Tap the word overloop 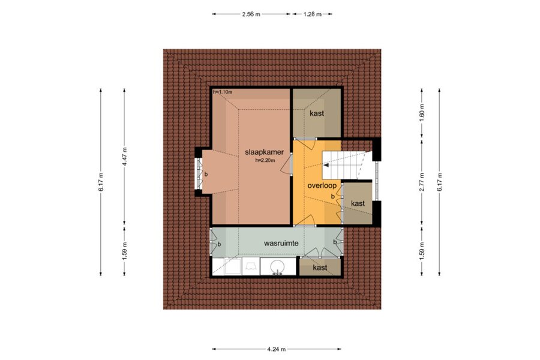tap(322, 185)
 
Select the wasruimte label tap(281, 243)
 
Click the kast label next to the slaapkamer tap(316, 113)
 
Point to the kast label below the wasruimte tap(320, 268)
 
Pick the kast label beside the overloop tap(358, 203)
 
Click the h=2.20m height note tap(265, 160)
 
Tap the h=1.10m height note tap(223, 92)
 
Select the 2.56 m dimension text tap(251, 14)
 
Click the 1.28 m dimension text tap(313, 14)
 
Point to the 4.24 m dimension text tap(276, 349)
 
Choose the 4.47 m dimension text tap(124, 157)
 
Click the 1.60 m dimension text tap(422, 110)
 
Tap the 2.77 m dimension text tap(422, 182)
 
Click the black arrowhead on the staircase tap(325, 166)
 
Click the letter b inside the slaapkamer tap(206, 175)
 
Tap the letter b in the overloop tap(332, 196)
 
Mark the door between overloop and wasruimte tap(305, 221)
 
